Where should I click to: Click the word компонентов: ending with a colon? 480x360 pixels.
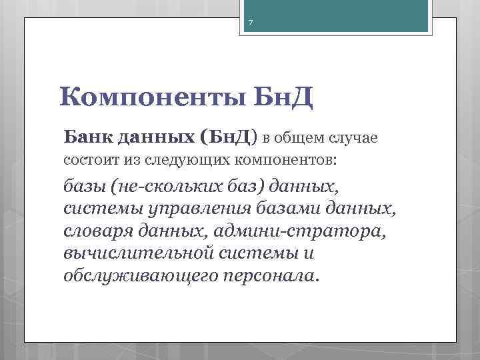click(286, 160)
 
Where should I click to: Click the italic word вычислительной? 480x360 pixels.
click(140, 254)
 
